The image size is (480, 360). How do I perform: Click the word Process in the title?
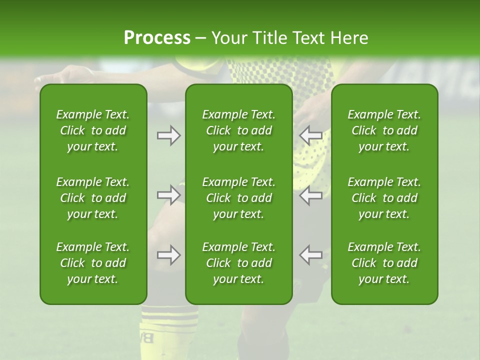157,38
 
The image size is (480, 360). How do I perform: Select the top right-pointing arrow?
168,135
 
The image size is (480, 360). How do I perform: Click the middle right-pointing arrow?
168,195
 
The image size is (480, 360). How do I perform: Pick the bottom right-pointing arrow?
168,255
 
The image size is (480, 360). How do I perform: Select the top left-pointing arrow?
311,135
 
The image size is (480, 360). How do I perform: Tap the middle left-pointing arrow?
311,195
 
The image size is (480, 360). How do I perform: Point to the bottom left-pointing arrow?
311,255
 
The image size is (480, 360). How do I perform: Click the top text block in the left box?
93,130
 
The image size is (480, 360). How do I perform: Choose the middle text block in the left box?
93,198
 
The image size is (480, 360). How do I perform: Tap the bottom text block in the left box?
93,263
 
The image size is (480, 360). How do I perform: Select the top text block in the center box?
239,130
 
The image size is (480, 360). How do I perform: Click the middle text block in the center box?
239,198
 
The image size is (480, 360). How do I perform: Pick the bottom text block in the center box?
239,263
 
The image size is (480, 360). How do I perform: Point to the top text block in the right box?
384,130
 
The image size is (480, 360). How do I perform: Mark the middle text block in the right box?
384,198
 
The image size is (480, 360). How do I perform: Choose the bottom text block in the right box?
384,263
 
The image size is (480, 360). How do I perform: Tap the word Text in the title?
312,38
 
